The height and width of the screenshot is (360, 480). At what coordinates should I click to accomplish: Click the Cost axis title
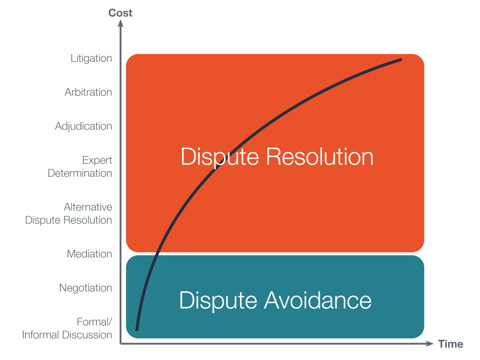click(120, 13)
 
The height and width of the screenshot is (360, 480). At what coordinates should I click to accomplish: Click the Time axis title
click(450, 344)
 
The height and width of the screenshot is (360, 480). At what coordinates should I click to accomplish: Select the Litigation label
click(91, 59)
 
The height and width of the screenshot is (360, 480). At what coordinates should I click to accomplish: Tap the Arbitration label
click(89, 92)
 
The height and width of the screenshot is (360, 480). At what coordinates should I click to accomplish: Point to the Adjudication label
click(83, 126)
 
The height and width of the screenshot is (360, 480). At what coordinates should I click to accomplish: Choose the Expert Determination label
click(80, 166)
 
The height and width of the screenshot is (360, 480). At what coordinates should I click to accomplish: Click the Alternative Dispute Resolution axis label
click(69, 213)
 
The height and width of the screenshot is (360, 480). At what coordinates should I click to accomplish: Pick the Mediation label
click(90, 254)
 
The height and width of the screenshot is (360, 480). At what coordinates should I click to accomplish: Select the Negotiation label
click(86, 288)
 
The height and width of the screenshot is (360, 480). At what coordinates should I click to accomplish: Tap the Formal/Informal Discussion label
click(67, 328)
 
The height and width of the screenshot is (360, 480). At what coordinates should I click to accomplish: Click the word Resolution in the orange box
click(320, 157)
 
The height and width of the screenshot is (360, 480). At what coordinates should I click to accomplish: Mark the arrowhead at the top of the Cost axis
click(121, 23)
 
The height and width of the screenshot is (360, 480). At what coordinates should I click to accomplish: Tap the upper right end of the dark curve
click(401, 60)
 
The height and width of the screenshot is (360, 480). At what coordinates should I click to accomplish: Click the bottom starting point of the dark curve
click(137, 330)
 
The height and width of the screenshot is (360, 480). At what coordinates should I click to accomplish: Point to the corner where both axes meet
click(121, 344)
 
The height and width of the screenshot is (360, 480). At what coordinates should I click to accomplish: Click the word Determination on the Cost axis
click(80, 173)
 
